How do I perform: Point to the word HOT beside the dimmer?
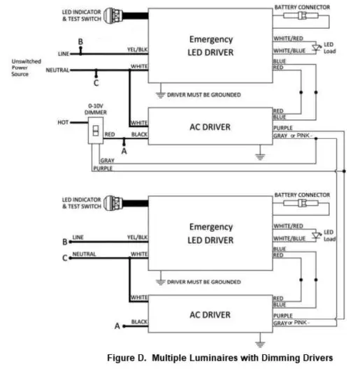[x=64, y=122]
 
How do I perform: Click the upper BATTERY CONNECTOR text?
[x=303, y=6]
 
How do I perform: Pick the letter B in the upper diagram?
[x=80, y=43]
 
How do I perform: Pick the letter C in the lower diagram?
[x=65, y=258]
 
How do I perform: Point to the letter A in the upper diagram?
[x=124, y=150]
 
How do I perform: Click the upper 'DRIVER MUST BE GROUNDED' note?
[x=202, y=94]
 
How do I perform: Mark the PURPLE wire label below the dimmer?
[x=103, y=168]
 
